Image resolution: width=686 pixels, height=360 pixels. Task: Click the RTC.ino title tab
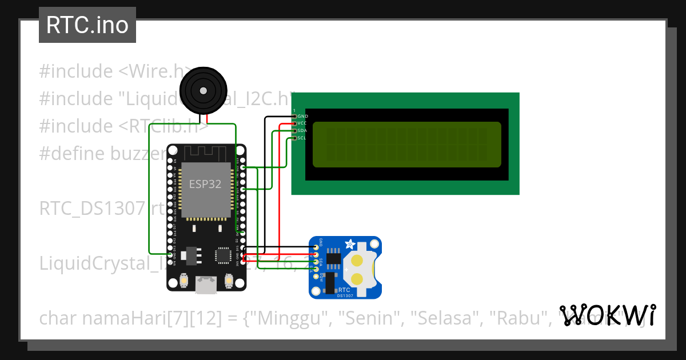[87, 25]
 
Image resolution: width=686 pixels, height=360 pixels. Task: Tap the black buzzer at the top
[203, 90]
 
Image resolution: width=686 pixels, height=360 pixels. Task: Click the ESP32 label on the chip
[205, 184]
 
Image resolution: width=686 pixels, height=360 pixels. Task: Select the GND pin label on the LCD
[302, 116]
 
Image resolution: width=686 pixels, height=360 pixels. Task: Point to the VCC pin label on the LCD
[302, 123]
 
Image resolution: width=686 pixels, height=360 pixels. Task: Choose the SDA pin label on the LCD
[302, 131]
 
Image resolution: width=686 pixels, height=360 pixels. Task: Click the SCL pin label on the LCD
[302, 138]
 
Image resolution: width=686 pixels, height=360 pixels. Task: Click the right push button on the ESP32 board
[229, 281]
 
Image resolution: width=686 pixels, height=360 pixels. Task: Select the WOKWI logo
[607, 315]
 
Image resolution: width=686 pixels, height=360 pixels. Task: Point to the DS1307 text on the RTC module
[345, 295]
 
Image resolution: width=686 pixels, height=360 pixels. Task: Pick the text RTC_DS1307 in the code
[91, 209]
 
